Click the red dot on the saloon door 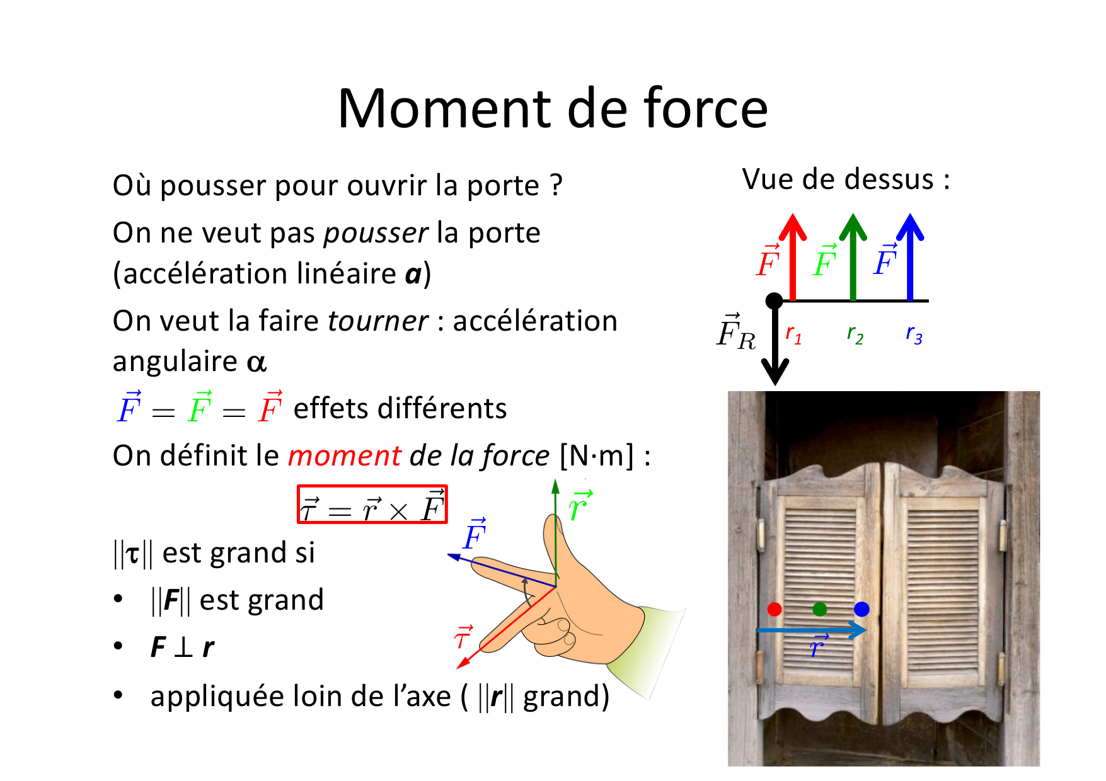[x=775, y=609]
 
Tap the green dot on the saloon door [x=819, y=609]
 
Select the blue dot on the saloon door [x=861, y=609]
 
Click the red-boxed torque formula [x=372, y=505]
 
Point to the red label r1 [x=793, y=334]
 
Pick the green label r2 [x=855, y=334]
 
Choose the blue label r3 [x=914, y=334]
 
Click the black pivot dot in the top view [x=774, y=301]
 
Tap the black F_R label [x=735, y=331]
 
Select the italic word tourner [x=378, y=321]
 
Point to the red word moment [x=344, y=455]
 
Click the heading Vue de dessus [x=846, y=180]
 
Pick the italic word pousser [x=376, y=234]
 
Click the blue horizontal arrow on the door [x=812, y=630]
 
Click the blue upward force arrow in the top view [x=910, y=257]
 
